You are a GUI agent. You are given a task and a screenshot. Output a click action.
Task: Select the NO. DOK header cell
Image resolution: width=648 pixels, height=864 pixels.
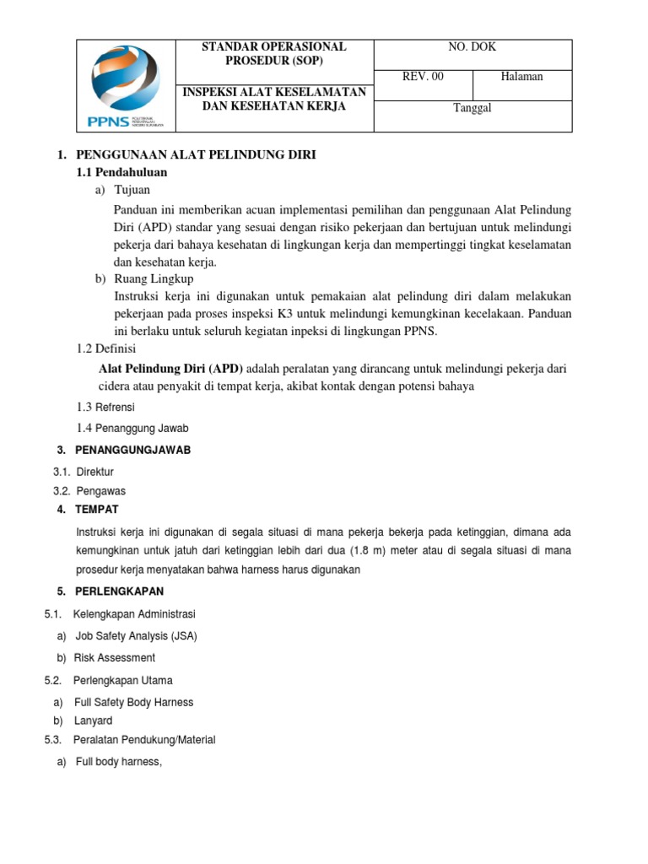472,48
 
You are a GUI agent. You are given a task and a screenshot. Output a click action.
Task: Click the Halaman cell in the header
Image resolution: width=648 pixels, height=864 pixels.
521,77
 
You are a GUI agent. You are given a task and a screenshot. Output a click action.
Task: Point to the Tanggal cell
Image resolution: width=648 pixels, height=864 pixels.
472,107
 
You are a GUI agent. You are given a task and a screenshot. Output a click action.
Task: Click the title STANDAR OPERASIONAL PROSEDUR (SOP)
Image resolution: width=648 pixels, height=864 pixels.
273,54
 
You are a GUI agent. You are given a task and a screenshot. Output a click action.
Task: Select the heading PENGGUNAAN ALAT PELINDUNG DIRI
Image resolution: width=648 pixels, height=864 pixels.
195,156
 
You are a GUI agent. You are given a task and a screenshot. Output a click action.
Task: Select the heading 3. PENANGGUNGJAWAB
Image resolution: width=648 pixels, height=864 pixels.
132,450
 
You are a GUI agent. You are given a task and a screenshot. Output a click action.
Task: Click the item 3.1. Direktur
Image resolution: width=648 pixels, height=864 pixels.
84,471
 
